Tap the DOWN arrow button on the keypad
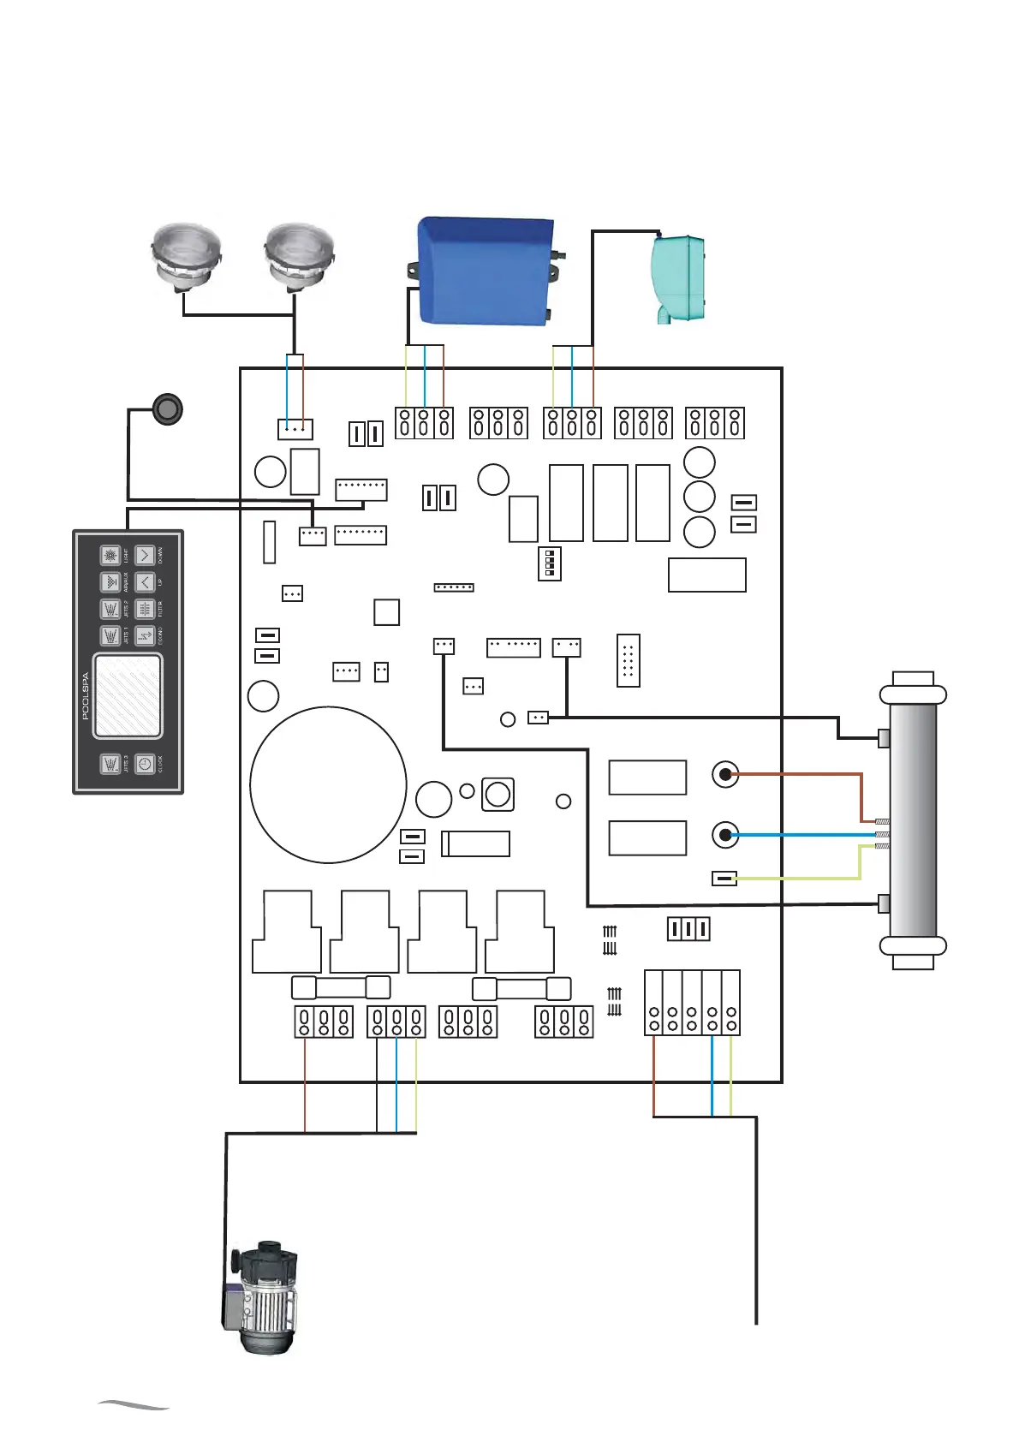[x=145, y=556]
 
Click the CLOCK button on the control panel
[x=145, y=764]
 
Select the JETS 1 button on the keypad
[x=110, y=636]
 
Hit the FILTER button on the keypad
[x=145, y=609]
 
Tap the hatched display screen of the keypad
[x=127, y=695]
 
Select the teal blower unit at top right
[x=678, y=277]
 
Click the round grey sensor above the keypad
[x=168, y=409]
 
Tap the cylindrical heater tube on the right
[x=913, y=819]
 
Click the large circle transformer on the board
[x=328, y=784]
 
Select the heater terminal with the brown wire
[x=725, y=774]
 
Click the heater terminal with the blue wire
[x=725, y=834]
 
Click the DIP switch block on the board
[x=549, y=564]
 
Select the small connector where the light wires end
[x=295, y=428]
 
